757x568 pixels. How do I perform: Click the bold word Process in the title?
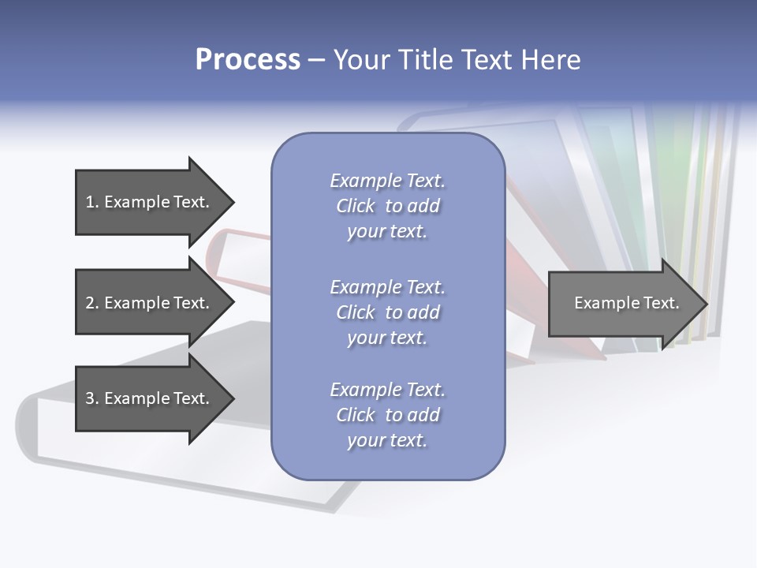248,60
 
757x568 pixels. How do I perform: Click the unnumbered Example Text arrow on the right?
623,303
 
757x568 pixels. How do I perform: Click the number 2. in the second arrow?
91,303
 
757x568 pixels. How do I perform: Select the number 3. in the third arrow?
91,398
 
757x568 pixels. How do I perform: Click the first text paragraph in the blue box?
387,206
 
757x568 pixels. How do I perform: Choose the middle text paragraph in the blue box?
387,312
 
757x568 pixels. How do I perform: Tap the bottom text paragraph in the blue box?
387,415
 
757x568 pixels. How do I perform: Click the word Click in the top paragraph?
356,206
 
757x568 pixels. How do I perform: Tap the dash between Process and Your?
316,60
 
